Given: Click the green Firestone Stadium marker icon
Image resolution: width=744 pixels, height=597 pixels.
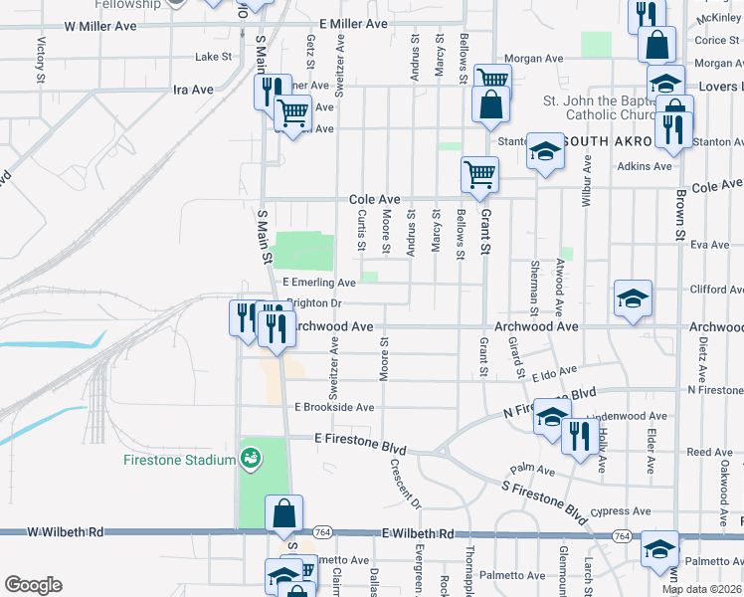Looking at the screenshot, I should [251, 458].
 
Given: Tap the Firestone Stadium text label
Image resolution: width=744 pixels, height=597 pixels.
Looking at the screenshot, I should [179, 460].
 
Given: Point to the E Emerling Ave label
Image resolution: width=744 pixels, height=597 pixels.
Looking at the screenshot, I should [319, 284].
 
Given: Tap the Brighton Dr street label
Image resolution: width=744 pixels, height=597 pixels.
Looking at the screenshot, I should [315, 303].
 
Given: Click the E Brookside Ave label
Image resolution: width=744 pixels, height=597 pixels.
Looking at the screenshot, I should [334, 407].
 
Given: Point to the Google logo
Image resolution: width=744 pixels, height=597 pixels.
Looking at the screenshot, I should [33, 584].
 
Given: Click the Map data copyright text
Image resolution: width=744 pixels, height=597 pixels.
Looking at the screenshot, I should [701, 589].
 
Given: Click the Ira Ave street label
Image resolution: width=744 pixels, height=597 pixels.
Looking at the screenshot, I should [193, 90].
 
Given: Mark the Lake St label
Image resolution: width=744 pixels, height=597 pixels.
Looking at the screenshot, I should [213, 57].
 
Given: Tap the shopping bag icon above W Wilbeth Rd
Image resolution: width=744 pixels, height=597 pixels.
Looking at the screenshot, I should [284, 513].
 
